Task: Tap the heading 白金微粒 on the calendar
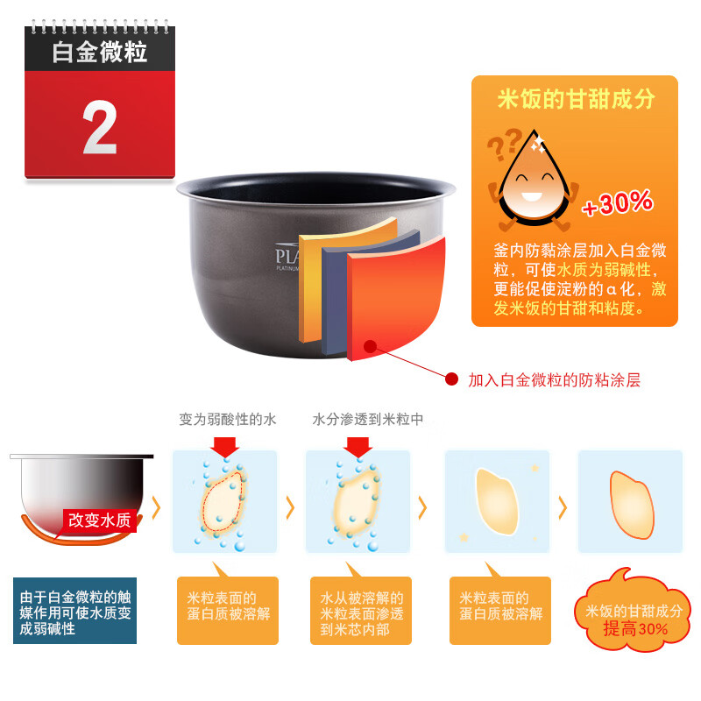coord(99,52)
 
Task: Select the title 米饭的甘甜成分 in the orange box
coord(576,99)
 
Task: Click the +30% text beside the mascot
coord(618,203)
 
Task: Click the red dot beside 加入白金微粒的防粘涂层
coord(452,379)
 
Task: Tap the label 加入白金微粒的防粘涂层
coord(554,380)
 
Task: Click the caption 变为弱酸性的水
coord(228,420)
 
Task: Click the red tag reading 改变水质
coord(100,520)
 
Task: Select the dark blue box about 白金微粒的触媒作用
coord(74,611)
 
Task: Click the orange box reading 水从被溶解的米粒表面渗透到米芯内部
coord(361,611)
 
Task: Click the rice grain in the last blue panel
coord(630,504)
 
